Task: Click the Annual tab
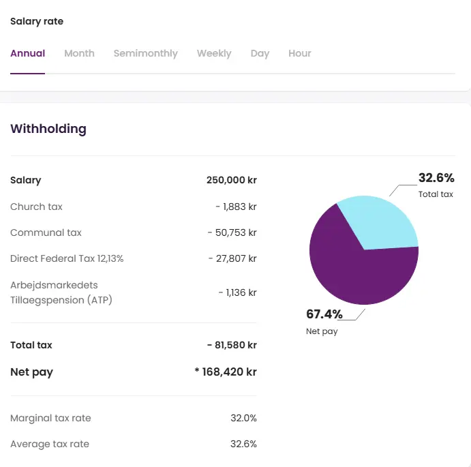pyautogui.click(x=27, y=53)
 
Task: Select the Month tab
pyautogui.click(x=79, y=53)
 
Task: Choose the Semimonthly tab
pyautogui.click(x=145, y=53)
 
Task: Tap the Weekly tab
pyautogui.click(x=214, y=53)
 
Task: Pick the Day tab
pyautogui.click(x=260, y=53)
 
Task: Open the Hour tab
pyautogui.click(x=299, y=53)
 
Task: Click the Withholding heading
pyautogui.click(x=48, y=129)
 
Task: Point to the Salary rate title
pyautogui.click(x=37, y=21)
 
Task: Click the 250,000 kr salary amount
pyautogui.click(x=231, y=181)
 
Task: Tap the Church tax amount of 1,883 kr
pyautogui.click(x=236, y=207)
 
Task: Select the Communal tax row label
pyautogui.click(x=46, y=232)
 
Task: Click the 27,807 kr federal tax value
pyautogui.click(x=232, y=258)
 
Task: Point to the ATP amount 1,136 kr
pyautogui.click(x=237, y=292)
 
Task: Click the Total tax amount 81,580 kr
pyautogui.click(x=232, y=345)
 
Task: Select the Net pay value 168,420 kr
pyautogui.click(x=226, y=372)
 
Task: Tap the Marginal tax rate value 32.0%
pyautogui.click(x=243, y=418)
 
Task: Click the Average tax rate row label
pyautogui.click(x=50, y=444)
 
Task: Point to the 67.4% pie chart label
pyautogui.click(x=324, y=314)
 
